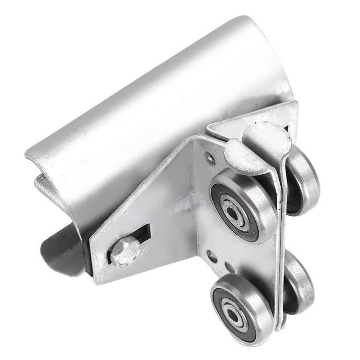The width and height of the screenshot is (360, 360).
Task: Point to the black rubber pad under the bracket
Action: (88, 252)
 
